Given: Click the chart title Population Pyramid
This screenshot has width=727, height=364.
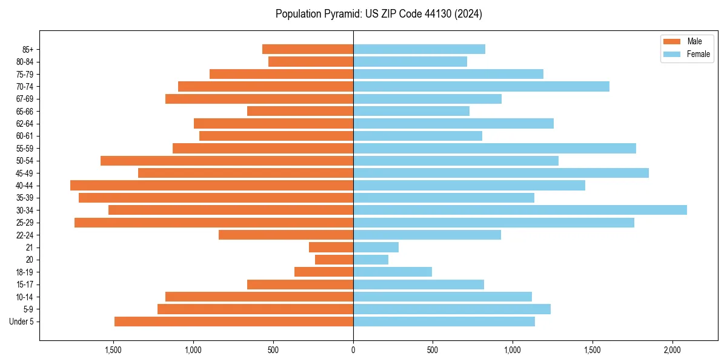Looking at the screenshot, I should click(x=379, y=14).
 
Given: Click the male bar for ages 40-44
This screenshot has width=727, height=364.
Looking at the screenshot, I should click(x=211, y=185).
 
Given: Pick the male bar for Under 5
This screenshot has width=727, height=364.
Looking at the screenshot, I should click(x=234, y=322).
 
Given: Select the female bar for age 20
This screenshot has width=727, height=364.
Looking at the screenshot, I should click(x=371, y=260).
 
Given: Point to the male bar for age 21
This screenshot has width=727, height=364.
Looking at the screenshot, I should click(x=331, y=248).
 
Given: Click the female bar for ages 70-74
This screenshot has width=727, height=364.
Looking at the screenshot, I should click(x=481, y=86).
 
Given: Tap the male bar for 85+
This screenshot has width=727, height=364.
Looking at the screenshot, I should click(x=308, y=49).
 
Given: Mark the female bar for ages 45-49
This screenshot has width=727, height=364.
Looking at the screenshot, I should click(x=500, y=173).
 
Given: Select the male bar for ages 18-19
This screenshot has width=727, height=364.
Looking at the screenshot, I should click(x=324, y=272).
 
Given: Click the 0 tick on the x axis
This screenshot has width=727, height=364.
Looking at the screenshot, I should click(x=353, y=350).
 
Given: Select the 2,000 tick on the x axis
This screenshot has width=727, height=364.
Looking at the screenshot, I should click(x=672, y=350).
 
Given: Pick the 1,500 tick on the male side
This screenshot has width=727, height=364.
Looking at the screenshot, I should click(x=113, y=350).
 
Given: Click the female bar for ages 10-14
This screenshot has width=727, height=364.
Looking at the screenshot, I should click(x=442, y=297).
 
